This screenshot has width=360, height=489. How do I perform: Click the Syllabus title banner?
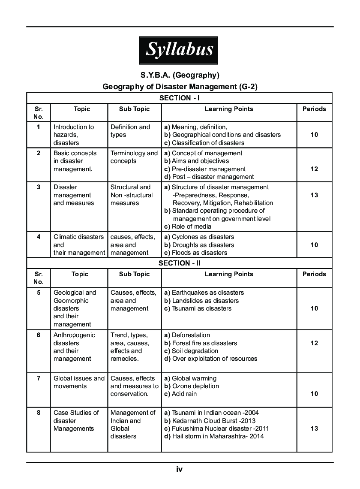(179, 50)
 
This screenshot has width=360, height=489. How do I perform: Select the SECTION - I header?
(180, 98)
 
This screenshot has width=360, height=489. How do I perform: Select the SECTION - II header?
(180, 263)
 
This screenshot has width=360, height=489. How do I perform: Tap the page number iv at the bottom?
(180, 469)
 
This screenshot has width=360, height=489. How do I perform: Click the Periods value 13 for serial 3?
(314, 195)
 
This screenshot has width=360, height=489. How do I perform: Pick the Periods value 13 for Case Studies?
(314, 429)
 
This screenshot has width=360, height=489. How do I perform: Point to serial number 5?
(39, 293)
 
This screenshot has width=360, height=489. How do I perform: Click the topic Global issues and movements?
(79, 382)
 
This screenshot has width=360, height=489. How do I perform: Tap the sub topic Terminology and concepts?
(134, 157)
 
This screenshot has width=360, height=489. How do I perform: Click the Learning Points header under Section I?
(229, 109)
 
